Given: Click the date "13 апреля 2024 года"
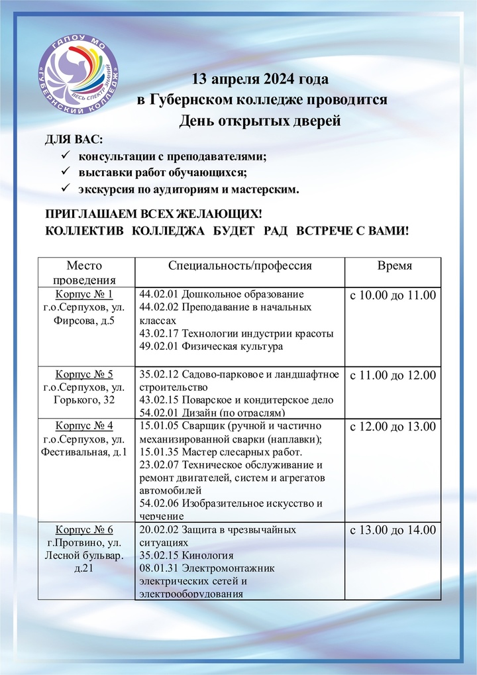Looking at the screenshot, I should [x=260, y=80].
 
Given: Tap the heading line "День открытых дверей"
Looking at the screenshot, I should [x=260, y=121].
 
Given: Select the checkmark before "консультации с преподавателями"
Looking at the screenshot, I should [x=65, y=157].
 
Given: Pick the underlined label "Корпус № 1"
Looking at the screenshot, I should [x=85, y=294].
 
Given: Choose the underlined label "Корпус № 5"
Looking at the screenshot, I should [x=85, y=375].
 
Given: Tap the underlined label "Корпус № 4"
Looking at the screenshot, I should [x=85, y=425].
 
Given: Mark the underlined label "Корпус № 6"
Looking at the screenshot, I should [x=85, y=529].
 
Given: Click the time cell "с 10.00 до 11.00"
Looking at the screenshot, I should [x=393, y=295].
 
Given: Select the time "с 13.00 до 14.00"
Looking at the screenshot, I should [x=393, y=530].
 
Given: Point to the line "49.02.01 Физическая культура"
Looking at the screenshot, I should [x=211, y=346].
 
